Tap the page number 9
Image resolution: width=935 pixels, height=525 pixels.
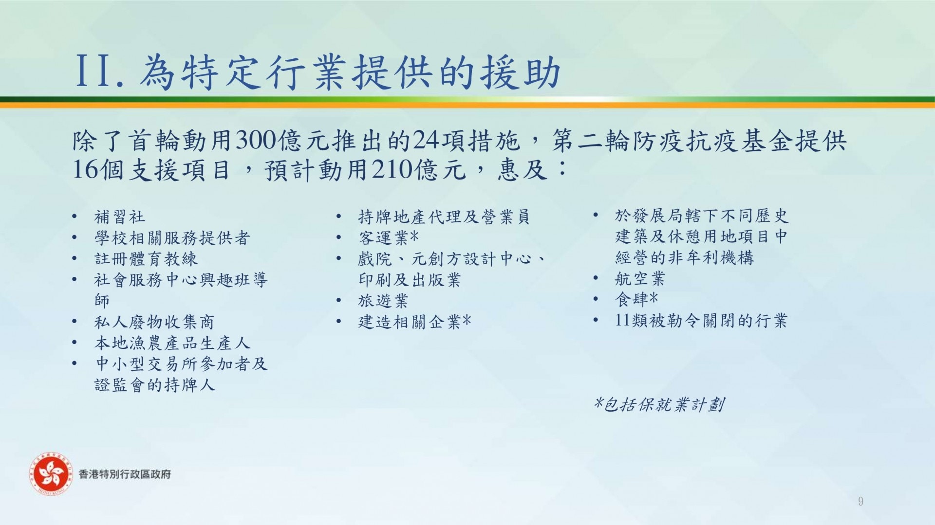click(860, 502)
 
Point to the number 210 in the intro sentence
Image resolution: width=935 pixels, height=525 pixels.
click(392, 169)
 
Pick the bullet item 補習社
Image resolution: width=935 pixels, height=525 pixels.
click(120, 217)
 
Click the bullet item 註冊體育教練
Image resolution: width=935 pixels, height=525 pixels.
click(146, 259)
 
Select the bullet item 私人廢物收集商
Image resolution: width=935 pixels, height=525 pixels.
click(154, 322)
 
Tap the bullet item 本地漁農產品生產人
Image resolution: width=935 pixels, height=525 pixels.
click(172, 343)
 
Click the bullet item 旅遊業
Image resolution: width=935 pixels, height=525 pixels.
click(383, 301)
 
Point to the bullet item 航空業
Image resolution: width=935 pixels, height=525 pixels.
click(640, 279)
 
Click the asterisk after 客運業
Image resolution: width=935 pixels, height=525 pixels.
click(414, 236)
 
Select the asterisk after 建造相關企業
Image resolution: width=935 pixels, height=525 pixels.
click(467, 320)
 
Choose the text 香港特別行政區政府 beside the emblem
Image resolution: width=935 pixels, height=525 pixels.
click(125, 474)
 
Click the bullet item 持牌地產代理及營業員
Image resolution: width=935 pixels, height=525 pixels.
click(444, 217)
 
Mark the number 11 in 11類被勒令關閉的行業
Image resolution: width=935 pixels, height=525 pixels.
click(623, 320)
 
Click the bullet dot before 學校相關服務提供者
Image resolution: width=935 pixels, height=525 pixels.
click(74, 238)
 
